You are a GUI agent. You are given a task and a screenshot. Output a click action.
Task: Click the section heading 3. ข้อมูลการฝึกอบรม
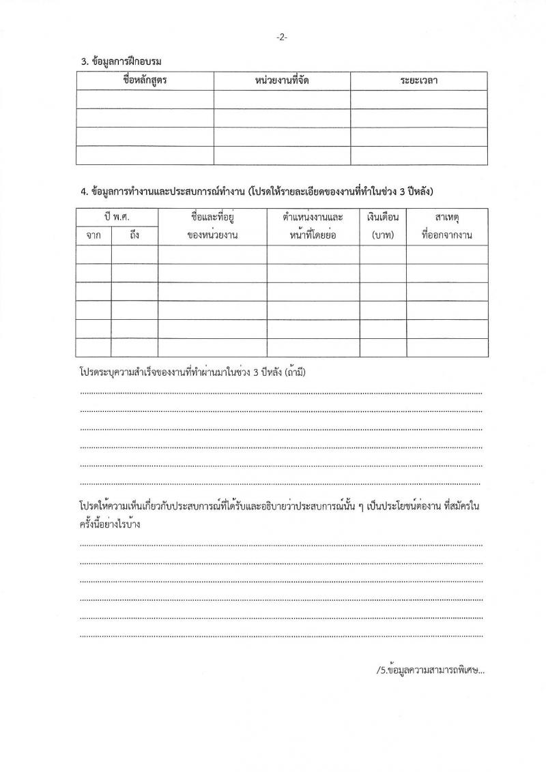coord(121,62)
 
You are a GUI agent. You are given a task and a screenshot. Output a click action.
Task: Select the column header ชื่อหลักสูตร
coord(145,81)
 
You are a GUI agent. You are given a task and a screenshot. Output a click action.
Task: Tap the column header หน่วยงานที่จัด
coord(282,81)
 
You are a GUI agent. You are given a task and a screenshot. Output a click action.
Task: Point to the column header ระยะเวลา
coord(419,81)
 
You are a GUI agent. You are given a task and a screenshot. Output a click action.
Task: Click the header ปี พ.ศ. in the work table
coord(117,218)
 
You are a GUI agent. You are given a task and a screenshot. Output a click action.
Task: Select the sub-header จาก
coord(94,236)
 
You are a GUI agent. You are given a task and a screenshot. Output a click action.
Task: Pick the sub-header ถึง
coord(134,236)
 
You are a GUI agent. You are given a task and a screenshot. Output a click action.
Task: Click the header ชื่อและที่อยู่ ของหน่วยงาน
coord(212,226)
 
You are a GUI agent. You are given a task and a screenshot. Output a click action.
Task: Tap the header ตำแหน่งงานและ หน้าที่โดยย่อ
coord(313,226)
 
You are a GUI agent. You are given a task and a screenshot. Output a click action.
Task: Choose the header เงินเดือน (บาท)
coord(384,226)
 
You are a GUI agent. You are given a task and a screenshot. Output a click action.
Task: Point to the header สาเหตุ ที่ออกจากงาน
coord(447,226)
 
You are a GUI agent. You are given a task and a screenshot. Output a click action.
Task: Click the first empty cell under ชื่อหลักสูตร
coord(145,100)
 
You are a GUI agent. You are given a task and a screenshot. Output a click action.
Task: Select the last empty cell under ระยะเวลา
coord(419,155)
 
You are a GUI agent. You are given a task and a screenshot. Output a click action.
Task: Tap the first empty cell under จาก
coord(94,255)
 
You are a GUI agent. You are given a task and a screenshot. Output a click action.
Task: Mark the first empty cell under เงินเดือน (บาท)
coord(384,255)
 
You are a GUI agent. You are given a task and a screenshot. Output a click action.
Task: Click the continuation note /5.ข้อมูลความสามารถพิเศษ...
coord(430,670)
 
